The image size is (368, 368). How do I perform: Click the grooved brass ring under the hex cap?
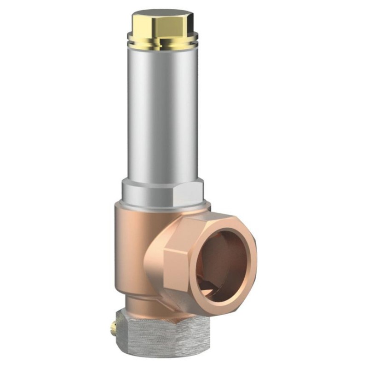(163, 43)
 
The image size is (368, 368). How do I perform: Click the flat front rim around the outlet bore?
(246, 276)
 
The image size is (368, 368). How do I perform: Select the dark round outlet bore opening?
(221, 258)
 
